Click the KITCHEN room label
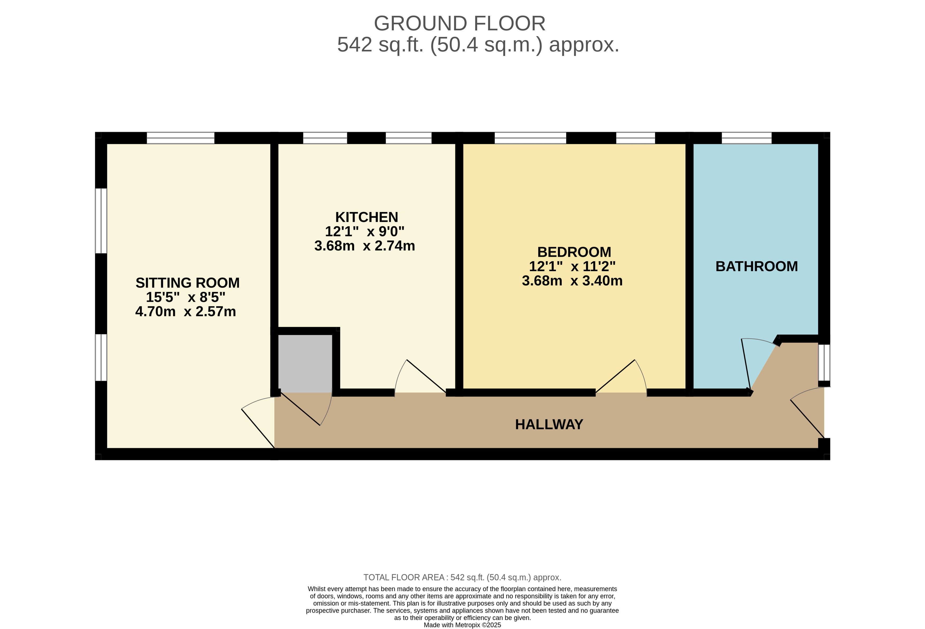coord(367,217)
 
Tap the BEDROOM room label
coord(574,252)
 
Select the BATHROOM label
coord(757,266)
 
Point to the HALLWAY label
coord(549,424)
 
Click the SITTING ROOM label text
coord(188,283)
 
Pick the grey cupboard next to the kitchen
coord(305,363)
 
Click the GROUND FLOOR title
coord(460,23)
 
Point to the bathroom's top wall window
coord(747,138)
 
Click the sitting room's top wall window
coord(181,138)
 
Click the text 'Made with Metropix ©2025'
coord(462,625)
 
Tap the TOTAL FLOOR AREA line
coord(462,577)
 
